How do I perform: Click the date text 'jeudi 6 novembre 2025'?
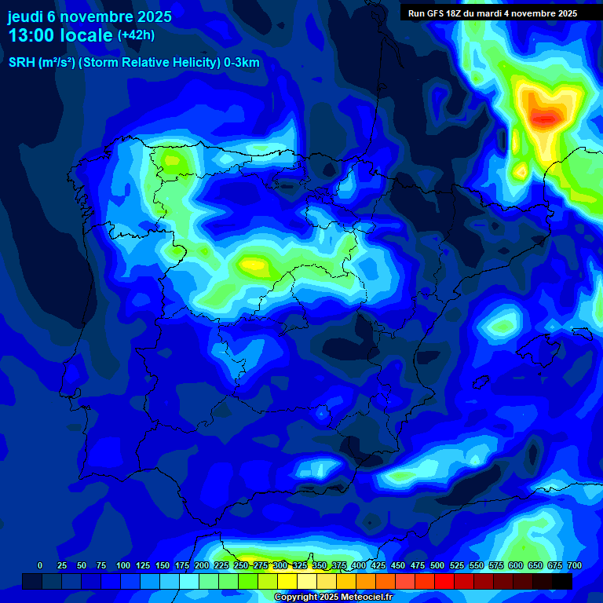click(x=90, y=16)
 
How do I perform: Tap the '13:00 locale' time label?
click(x=60, y=35)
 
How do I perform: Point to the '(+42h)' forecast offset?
click(x=136, y=35)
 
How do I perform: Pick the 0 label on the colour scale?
click(x=40, y=565)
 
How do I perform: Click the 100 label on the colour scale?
click(x=123, y=565)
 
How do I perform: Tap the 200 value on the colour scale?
click(x=202, y=565)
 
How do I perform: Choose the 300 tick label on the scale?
click(x=280, y=565)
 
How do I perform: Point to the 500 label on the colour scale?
click(x=437, y=565)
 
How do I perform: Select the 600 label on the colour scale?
click(x=516, y=565)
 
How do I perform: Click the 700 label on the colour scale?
click(x=574, y=565)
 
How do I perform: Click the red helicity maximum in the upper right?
click(x=546, y=118)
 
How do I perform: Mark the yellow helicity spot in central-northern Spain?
click(x=254, y=265)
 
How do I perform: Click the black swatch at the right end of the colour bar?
click(x=562, y=581)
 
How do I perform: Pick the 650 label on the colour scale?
click(x=535, y=565)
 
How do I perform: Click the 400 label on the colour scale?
click(x=359, y=565)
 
